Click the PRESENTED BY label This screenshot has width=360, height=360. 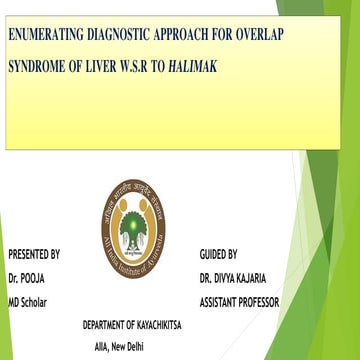pyautogui.click(x=33, y=254)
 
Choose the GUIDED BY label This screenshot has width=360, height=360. pyautogui.click(x=218, y=254)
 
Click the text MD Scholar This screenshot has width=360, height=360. pyautogui.click(x=28, y=301)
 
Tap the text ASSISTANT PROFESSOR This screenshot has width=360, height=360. pyautogui.click(x=239, y=301)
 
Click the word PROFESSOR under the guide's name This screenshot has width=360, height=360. pyautogui.click(x=256, y=301)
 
